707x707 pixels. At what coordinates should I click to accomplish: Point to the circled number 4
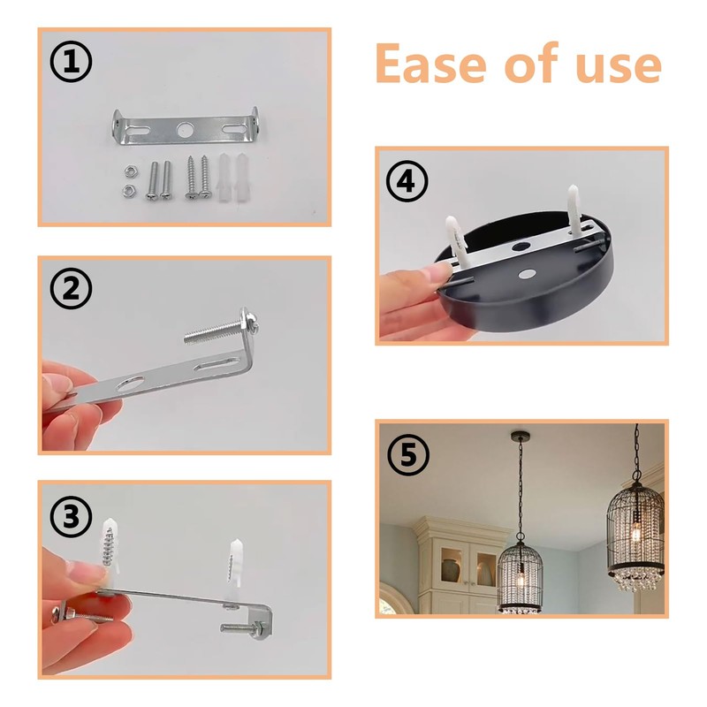click(407, 183)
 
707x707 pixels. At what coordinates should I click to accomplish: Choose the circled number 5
click(407, 456)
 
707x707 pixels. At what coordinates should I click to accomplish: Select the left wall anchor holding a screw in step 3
click(108, 539)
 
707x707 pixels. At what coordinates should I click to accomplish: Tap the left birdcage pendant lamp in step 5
click(519, 574)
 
